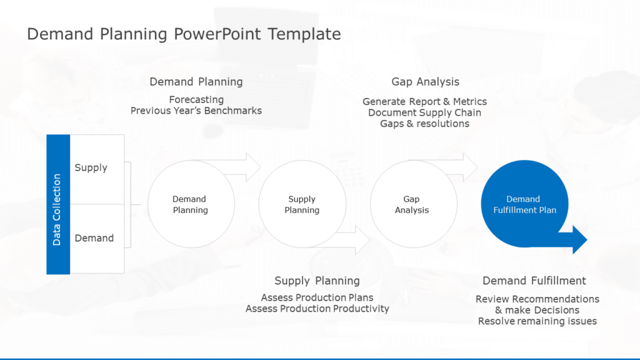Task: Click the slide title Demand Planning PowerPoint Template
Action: (x=184, y=34)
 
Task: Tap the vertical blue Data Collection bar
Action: (x=57, y=204)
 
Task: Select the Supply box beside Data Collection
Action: (x=97, y=168)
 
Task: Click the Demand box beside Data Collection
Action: (x=97, y=238)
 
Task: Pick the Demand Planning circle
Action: (x=191, y=204)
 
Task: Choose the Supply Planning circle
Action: (x=302, y=204)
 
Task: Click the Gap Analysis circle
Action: (x=412, y=204)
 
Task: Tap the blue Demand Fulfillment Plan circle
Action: (x=524, y=204)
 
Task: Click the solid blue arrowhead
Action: (x=578, y=240)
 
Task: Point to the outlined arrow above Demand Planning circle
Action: (x=250, y=167)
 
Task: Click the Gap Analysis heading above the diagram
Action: (x=425, y=82)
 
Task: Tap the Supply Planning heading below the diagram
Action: (x=317, y=281)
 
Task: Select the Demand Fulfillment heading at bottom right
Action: (x=534, y=281)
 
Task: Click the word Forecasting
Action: (x=196, y=99)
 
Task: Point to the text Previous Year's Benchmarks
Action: (x=196, y=111)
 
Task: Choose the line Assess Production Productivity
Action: (x=317, y=309)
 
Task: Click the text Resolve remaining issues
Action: (x=537, y=321)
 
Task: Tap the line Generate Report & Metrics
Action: (x=424, y=101)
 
